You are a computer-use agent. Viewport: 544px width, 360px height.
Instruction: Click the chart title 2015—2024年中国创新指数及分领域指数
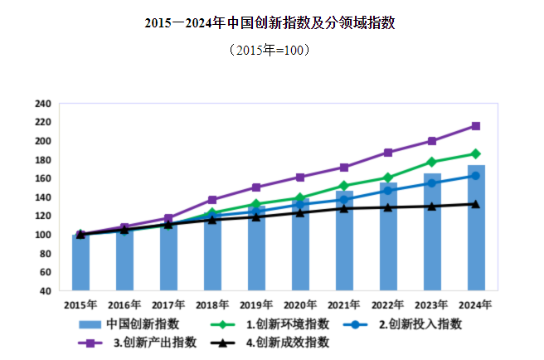click(271, 23)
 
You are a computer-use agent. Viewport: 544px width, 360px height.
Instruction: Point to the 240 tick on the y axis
click(42, 104)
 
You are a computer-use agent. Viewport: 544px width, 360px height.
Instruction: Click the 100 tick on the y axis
click(42, 235)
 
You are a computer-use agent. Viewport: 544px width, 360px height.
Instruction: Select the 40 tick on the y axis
click(45, 291)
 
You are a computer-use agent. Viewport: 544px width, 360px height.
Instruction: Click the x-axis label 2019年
click(256, 304)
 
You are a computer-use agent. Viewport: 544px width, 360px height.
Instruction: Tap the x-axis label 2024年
click(476, 304)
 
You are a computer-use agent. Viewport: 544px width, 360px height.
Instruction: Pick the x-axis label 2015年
click(80, 304)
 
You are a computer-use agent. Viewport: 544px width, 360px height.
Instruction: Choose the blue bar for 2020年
click(300, 246)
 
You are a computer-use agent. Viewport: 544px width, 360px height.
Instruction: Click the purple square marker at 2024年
click(476, 126)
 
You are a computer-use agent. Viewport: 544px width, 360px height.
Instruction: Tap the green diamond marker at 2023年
click(432, 162)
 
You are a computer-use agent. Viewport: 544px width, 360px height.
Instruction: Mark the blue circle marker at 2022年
click(388, 191)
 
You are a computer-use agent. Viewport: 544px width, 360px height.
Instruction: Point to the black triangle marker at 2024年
click(476, 203)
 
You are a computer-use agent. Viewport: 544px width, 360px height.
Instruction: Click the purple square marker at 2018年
click(212, 200)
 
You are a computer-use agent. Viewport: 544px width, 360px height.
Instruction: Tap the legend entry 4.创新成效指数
click(282, 342)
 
